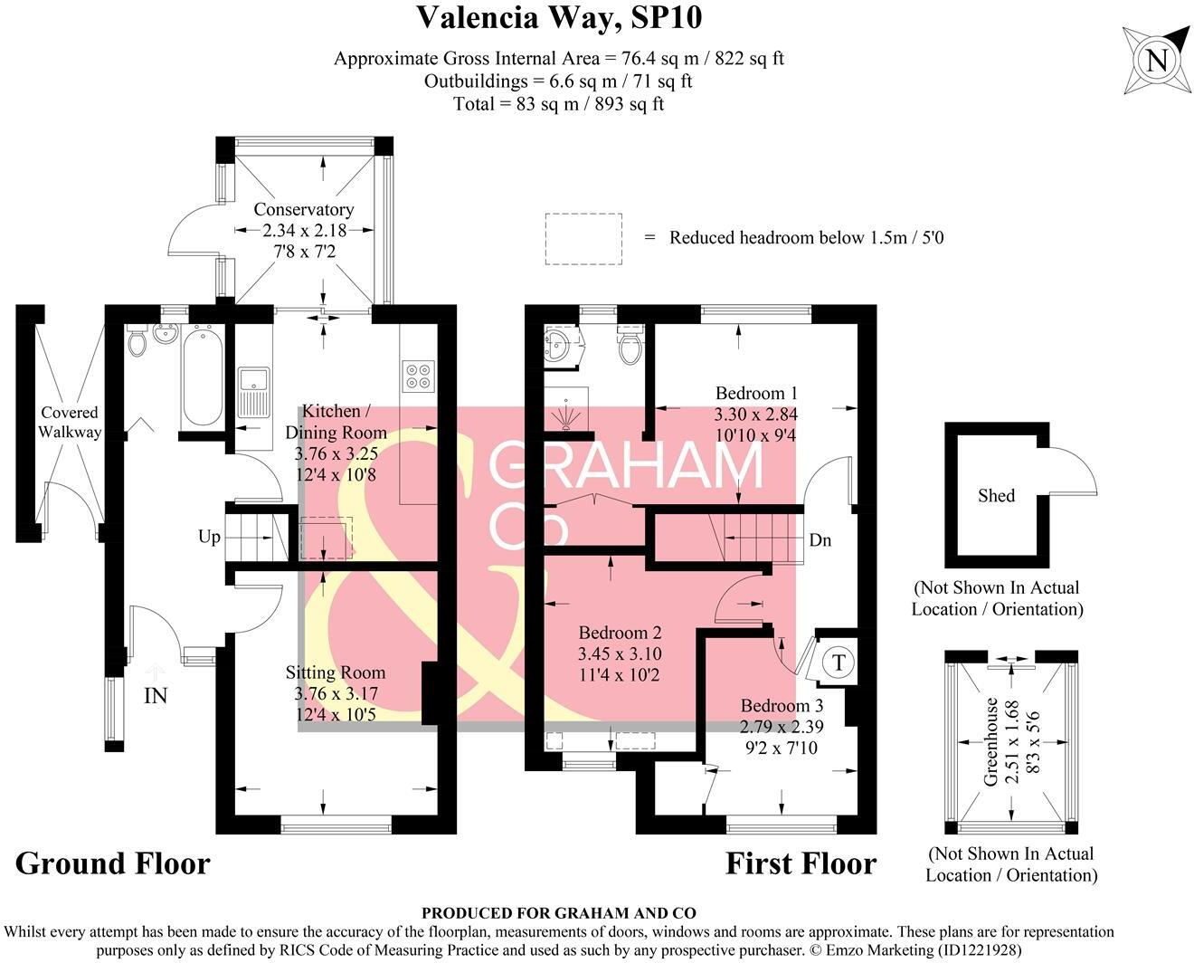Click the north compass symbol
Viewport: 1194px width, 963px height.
coord(1156,61)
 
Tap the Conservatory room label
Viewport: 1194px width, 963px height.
coord(303,209)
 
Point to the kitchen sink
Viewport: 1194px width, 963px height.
coord(253,392)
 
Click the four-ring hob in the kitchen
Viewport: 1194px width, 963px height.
coord(418,376)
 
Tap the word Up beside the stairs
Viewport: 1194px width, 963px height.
coord(209,537)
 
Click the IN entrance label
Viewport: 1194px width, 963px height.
coord(155,695)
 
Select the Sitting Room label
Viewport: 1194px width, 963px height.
coord(335,672)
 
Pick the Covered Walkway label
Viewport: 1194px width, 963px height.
coord(70,423)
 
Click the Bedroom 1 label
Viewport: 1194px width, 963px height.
coord(756,393)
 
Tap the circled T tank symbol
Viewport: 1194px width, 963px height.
coord(839,662)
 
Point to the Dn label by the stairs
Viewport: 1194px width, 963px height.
coord(820,540)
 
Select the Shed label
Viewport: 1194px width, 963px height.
coord(996,495)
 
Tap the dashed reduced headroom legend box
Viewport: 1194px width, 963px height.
coord(583,239)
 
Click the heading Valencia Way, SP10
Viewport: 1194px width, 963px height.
coord(559,17)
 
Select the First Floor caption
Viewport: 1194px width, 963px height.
coord(801,863)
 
